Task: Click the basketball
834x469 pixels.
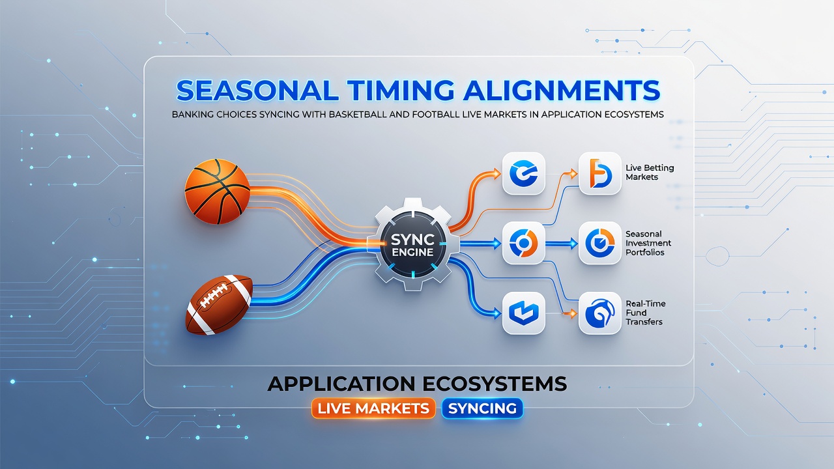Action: point(218,192)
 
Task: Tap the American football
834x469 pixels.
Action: point(219,304)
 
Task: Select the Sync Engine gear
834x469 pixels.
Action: point(412,244)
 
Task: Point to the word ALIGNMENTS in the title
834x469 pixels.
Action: point(561,91)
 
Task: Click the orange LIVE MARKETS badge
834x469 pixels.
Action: point(373,408)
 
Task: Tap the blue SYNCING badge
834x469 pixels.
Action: point(483,408)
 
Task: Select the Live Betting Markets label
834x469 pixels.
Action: point(650,173)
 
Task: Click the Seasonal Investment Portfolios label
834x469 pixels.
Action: point(648,243)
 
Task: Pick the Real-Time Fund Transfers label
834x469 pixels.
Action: point(646,313)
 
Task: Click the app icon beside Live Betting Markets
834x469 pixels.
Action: point(600,173)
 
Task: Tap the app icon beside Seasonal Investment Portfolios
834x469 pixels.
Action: point(600,243)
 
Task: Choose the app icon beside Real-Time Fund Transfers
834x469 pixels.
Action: point(600,313)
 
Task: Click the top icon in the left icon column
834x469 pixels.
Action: point(523,173)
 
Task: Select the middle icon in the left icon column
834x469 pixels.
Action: point(523,243)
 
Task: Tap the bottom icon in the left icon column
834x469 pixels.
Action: point(523,313)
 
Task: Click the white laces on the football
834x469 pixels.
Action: point(213,296)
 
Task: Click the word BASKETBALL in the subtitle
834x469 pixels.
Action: point(358,114)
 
